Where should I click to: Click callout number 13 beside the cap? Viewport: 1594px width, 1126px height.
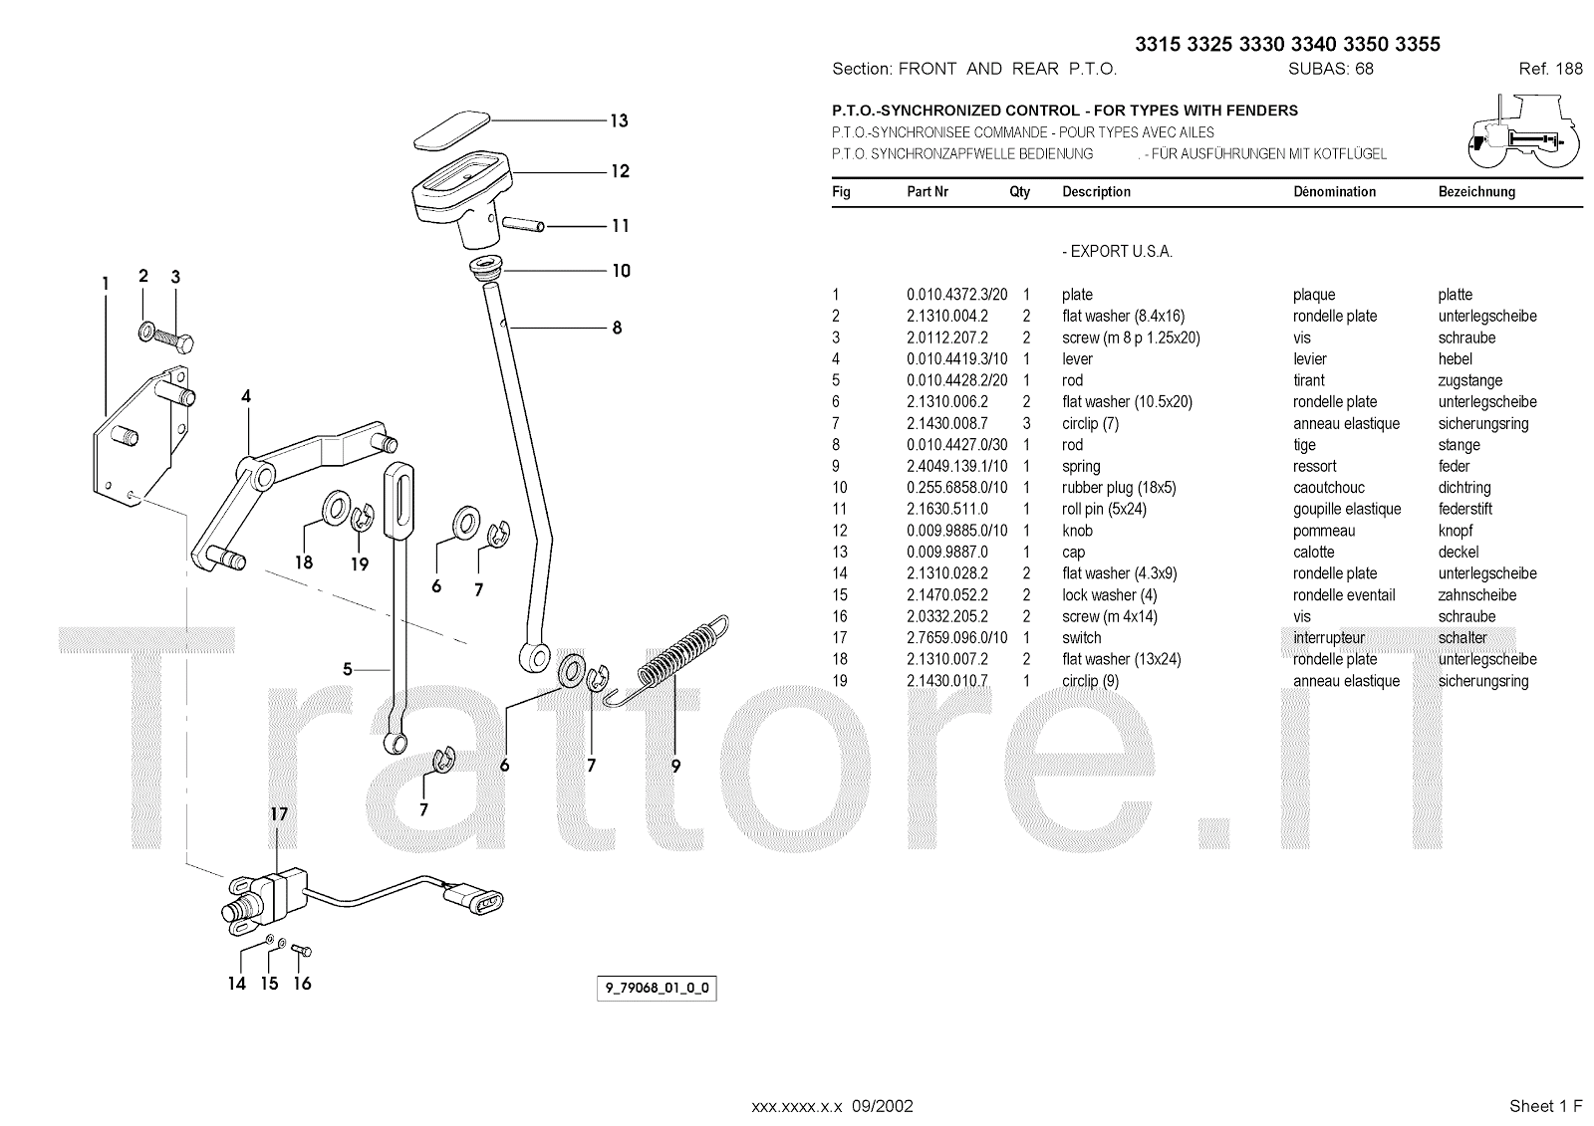[619, 121]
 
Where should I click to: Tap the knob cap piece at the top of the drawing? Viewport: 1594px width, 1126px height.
[450, 129]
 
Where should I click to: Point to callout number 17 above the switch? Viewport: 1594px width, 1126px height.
[280, 814]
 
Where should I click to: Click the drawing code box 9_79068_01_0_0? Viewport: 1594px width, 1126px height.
[657, 989]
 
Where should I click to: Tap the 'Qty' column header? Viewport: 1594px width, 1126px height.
[1019, 192]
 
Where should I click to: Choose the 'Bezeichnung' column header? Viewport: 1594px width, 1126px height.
[1476, 192]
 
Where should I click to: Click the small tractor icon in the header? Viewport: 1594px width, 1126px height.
[1522, 132]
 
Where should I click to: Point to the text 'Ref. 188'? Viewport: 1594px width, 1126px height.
[1550, 69]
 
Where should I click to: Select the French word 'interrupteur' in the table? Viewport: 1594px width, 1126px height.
[1329, 638]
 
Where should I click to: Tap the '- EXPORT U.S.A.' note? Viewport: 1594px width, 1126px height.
[1117, 252]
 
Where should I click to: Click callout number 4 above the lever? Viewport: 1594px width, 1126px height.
[246, 396]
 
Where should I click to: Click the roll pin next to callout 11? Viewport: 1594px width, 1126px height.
[523, 224]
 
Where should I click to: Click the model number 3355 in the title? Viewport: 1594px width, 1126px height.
[1418, 44]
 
